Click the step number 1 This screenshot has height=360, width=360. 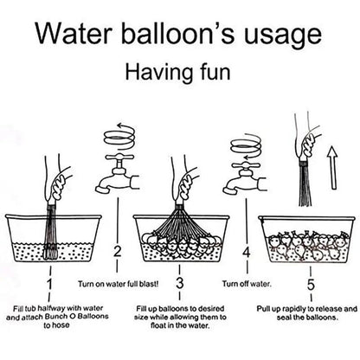click(49, 284)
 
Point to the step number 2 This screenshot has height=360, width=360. click(118, 252)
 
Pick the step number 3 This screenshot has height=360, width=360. click(179, 283)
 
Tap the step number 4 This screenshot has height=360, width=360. click(247, 253)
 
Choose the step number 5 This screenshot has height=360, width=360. click(311, 285)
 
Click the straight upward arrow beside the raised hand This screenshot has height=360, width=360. click(332, 168)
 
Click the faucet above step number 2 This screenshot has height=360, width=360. click(117, 175)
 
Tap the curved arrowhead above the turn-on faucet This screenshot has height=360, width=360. click(119, 125)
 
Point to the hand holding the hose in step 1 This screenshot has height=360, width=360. click(59, 182)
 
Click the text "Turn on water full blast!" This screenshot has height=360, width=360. click(119, 284)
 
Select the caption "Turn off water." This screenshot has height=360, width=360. click(247, 284)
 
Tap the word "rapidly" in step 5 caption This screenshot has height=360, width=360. click(294, 309)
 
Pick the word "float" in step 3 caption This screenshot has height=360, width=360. click(158, 326)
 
